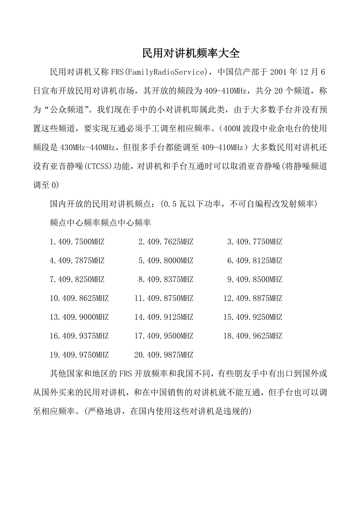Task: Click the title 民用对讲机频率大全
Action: pos(191,53)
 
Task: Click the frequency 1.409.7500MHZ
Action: pos(77,242)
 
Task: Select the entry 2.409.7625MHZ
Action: pos(166,242)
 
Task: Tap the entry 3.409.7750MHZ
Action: pos(254,242)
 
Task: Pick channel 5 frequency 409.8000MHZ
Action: pos(166,261)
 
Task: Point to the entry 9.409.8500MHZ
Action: pos(254,280)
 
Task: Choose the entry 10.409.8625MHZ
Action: pos(79,298)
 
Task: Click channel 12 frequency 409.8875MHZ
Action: pos(252,298)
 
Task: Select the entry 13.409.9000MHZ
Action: pos(79,317)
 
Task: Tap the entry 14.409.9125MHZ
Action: pos(164,317)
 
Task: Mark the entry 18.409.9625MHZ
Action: pos(252,336)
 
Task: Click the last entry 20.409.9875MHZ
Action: pos(164,355)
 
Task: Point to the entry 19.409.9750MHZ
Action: pos(79,355)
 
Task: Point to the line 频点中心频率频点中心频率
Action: pos(101,223)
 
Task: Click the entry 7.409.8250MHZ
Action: pos(77,280)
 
